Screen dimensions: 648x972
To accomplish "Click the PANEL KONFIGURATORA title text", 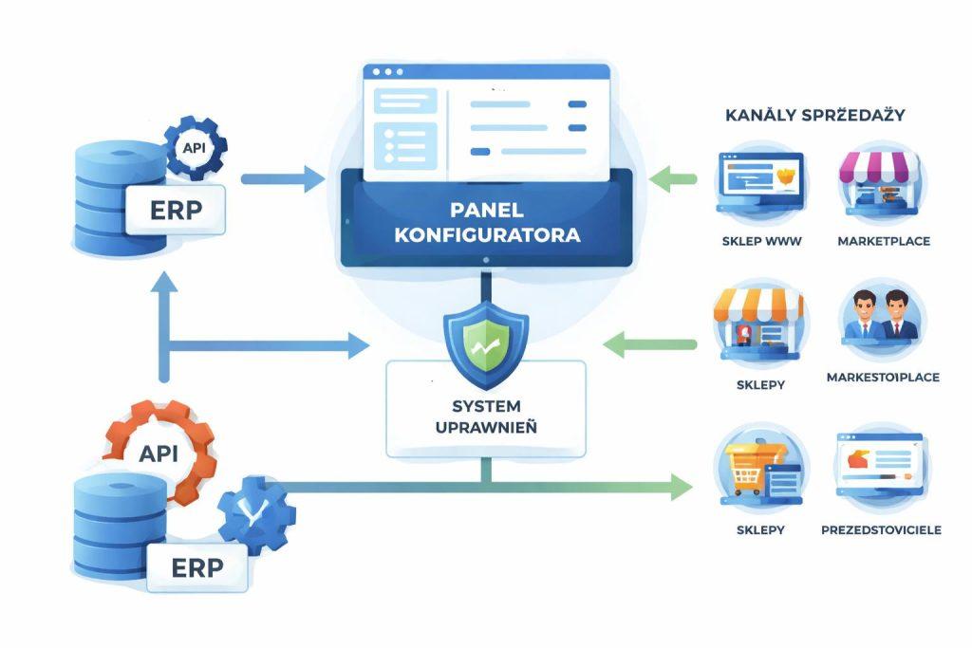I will click(486, 220).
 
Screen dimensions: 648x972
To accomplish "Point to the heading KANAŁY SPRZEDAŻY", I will click(814, 116).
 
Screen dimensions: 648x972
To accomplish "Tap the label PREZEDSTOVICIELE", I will click(881, 529).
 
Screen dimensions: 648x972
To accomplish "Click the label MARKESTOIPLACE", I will click(882, 378).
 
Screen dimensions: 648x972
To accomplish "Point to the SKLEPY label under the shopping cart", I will click(760, 529).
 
